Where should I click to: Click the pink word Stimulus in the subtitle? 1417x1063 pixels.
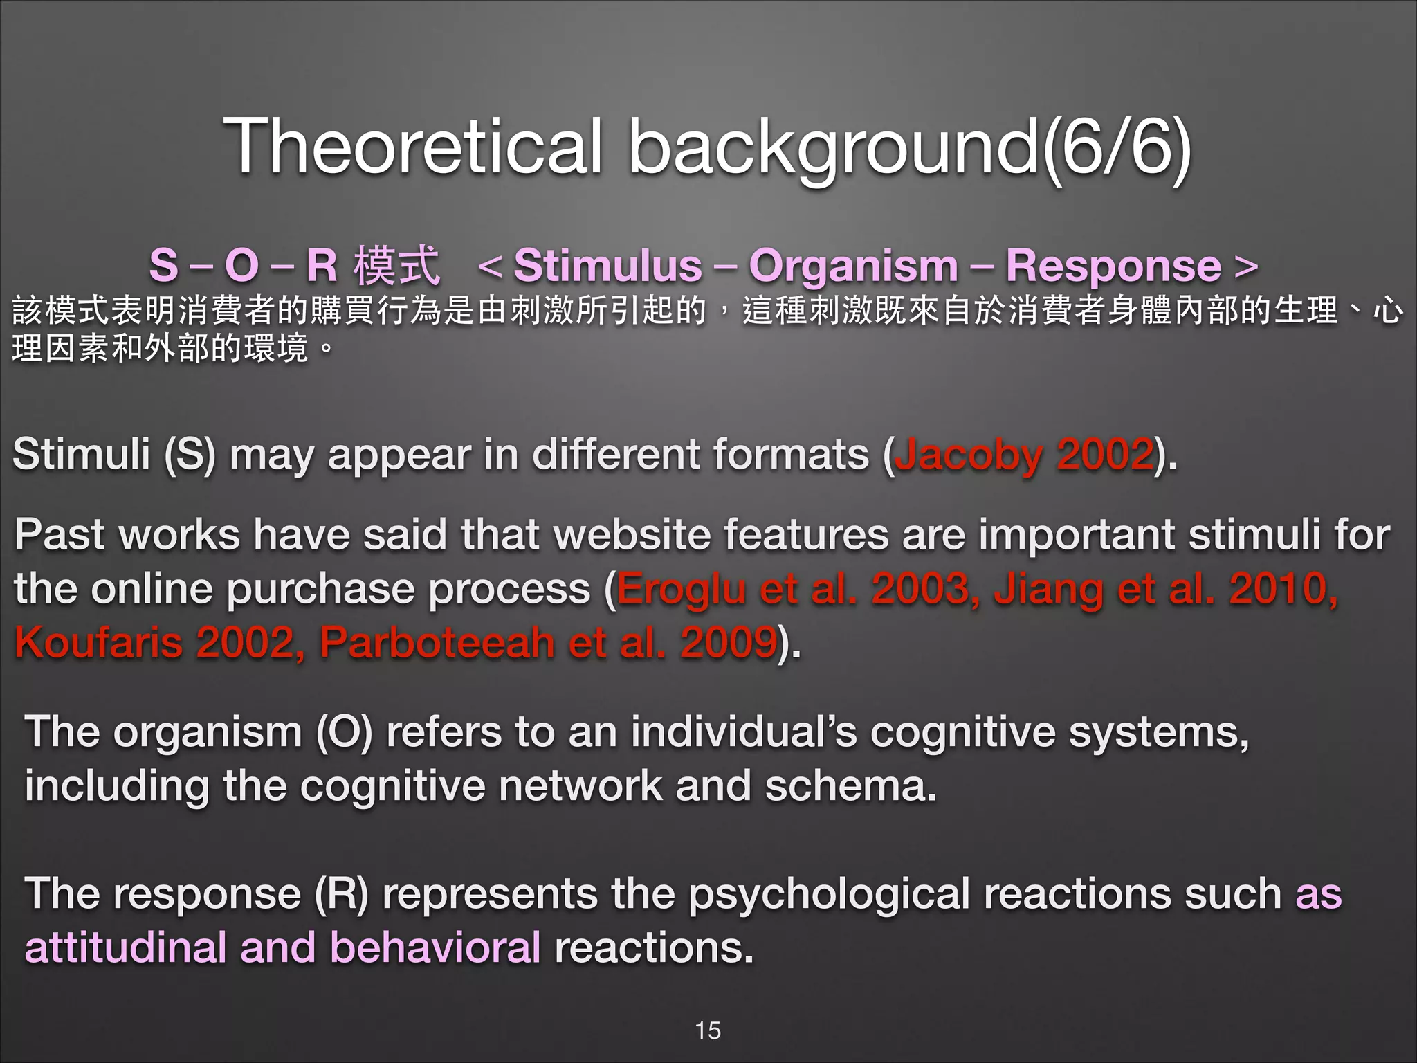[607, 266]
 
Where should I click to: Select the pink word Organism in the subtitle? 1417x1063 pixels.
[853, 266]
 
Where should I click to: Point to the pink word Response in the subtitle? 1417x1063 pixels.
[1113, 266]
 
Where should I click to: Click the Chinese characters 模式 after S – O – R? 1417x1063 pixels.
[396, 266]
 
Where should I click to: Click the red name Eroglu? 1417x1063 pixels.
[681, 589]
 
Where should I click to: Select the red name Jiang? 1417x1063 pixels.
[1048, 589]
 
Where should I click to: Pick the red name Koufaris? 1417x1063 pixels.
[98, 642]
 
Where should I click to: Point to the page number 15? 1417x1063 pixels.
[708, 1030]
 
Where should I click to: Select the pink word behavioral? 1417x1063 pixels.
[435, 947]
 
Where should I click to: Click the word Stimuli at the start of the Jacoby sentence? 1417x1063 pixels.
[82, 455]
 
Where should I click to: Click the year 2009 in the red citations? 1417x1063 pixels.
[729, 642]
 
